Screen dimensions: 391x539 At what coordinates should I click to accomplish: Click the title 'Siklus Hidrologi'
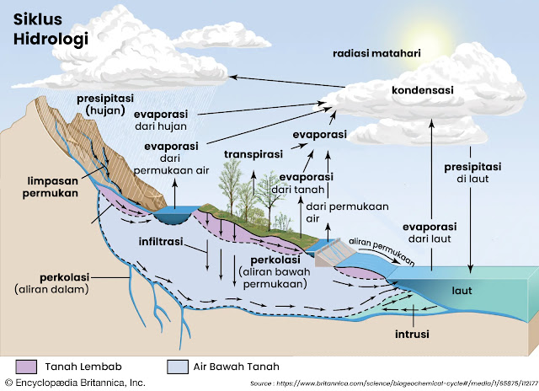pyautogui.click(x=40, y=27)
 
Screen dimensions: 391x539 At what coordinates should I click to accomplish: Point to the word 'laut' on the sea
pyautogui.click(x=462, y=291)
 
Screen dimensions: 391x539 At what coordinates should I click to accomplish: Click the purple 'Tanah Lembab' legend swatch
pyautogui.click(x=28, y=367)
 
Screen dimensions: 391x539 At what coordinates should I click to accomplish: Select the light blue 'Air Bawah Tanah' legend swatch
pyautogui.click(x=178, y=367)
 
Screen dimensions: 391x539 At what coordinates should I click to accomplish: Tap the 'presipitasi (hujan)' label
pyautogui.click(x=102, y=103)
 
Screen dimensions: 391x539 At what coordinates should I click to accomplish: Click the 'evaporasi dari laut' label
pyautogui.click(x=429, y=233)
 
